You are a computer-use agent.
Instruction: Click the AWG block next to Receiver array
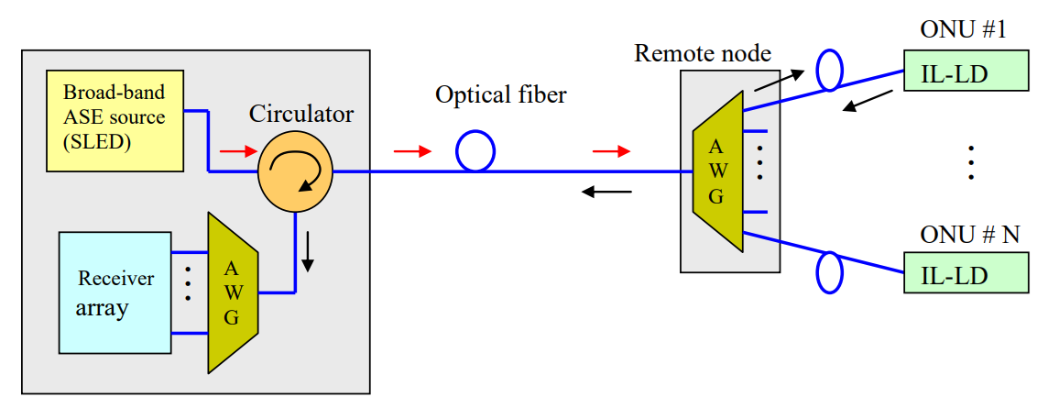233,292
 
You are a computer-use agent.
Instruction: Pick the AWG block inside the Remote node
717,171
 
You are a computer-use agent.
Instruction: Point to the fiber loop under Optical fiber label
475,151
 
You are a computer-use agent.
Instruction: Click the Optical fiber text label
501,94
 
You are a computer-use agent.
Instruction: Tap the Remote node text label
703,52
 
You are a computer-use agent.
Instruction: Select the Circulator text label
301,115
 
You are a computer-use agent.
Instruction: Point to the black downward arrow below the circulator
308,253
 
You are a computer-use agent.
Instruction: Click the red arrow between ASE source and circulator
234,151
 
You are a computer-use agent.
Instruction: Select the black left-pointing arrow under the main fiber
608,192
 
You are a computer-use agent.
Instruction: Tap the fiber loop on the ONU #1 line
829,71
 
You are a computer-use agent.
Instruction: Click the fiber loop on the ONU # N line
829,273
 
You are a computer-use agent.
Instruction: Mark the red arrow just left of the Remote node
611,150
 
